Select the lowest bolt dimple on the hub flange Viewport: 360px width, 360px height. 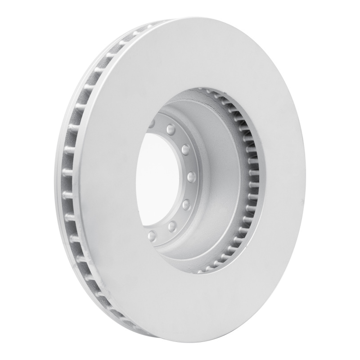pos(152,235)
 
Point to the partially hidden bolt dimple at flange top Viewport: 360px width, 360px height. pos(152,122)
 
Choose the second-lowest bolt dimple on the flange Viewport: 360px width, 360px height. pos(172,225)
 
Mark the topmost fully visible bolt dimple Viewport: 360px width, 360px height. pos(171,130)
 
